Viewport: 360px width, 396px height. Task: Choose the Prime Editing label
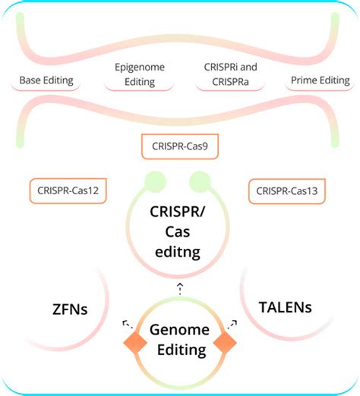coord(320,80)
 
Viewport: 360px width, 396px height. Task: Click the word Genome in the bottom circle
coord(179,331)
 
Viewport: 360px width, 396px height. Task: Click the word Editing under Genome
coord(179,350)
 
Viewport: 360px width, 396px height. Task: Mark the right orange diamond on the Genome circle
coord(225,342)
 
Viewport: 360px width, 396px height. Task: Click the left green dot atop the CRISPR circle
coord(156,182)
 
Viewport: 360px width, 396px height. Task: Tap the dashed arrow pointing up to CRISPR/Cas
coord(180,286)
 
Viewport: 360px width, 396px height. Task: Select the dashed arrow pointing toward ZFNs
coord(126,323)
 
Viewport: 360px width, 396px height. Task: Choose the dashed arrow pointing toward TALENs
coord(232,323)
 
